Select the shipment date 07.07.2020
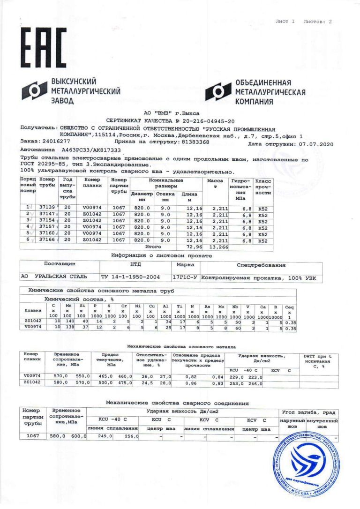point(315,144)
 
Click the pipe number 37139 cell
point(46,207)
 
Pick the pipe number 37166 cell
point(46,240)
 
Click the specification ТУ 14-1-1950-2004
point(132,277)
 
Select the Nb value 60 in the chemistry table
point(237,329)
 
